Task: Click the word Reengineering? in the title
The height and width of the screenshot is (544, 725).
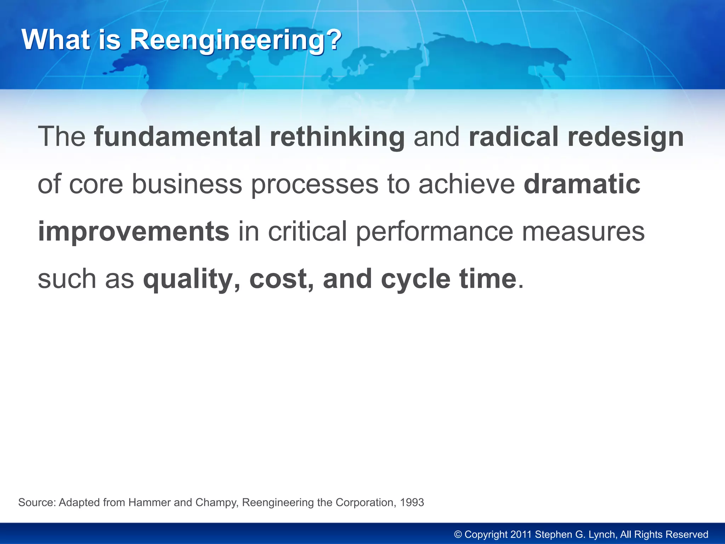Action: (x=236, y=40)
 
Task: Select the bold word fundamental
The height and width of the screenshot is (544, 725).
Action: (x=177, y=137)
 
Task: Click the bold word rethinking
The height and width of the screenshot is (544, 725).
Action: (x=337, y=137)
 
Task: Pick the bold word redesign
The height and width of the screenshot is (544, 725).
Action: (x=626, y=137)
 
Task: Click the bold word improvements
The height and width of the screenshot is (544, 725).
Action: (x=133, y=232)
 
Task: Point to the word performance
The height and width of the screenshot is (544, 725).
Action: (x=434, y=232)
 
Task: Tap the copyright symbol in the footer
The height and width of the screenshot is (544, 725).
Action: (x=458, y=534)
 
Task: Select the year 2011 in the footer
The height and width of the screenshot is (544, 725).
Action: (x=521, y=534)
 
